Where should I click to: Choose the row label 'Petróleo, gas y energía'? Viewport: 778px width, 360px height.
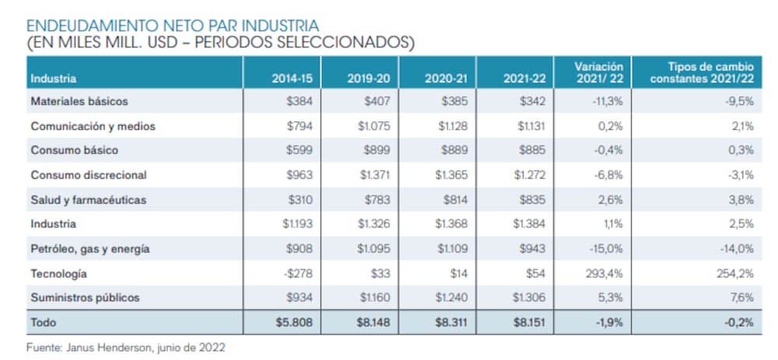(x=89, y=249)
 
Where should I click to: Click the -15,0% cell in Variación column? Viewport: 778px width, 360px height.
(x=607, y=249)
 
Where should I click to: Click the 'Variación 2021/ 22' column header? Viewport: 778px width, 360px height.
(x=598, y=72)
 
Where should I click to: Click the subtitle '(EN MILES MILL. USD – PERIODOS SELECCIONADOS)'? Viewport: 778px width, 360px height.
(x=220, y=44)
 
